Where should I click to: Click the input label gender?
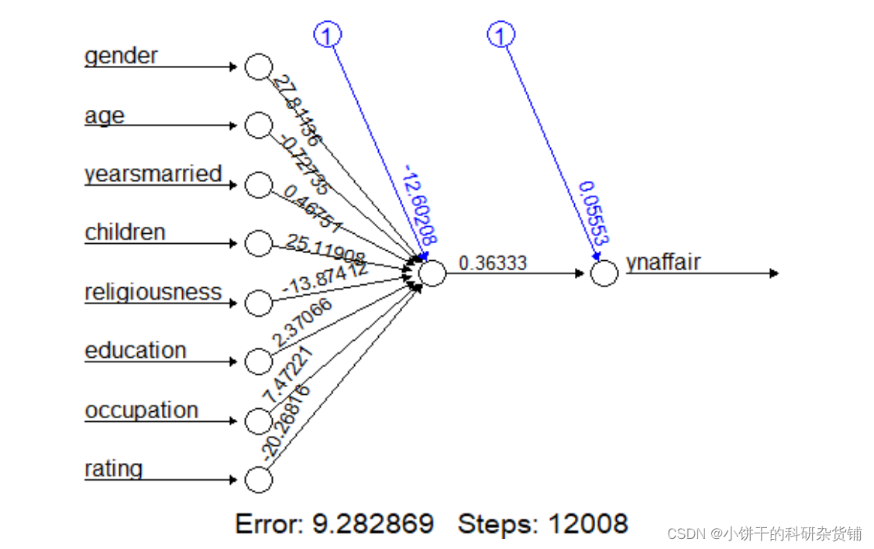pyautogui.click(x=121, y=56)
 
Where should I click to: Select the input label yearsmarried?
pyautogui.click(x=153, y=173)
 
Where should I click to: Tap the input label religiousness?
pyautogui.click(x=153, y=292)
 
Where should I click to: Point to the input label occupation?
pyautogui.click(x=142, y=410)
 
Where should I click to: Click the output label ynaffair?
pyautogui.click(x=663, y=262)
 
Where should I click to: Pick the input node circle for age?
pyautogui.click(x=258, y=125)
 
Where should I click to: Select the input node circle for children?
pyautogui.click(x=258, y=243)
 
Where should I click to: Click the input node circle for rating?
pyautogui.click(x=258, y=479)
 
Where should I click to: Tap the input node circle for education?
pyautogui.click(x=258, y=362)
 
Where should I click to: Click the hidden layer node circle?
pyautogui.click(x=432, y=273)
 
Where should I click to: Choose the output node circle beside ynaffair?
pyautogui.click(x=604, y=273)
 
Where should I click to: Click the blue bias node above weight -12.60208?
pyautogui.click(x=327, y=35)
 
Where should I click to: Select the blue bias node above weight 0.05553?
pyautogui.click(x=501, y=35)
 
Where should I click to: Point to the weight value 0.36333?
pyautogui.click(x=493, y=263)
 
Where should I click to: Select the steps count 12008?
pyautogui.click(x=587, y=524)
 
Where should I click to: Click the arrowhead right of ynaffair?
pyautogui.click(x=773, y=273)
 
